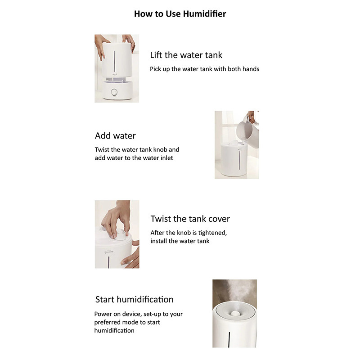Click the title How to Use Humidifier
(x=180, y=14)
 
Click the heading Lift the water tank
(x=186, y=55)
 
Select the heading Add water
(x=115, y=136)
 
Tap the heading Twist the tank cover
(x=190, y=219)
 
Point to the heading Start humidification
(x=134, y=299)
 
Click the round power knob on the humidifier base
(x=114, y=92)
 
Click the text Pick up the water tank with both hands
(x=205, y=69)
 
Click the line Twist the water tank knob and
(x=137, y=149)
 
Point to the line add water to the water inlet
(x=134, y=158)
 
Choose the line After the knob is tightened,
(x=189, y=233)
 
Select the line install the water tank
(x=180, y=241)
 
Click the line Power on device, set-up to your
(x=139, y=314)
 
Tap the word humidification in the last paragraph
(x=114, y=331)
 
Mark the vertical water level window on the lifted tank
(x=114, y=61)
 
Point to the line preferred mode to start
(x=127, y=322)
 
